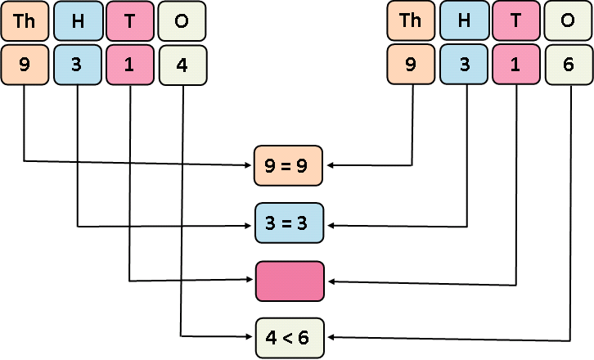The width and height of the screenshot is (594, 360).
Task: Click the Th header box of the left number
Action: (24, 21)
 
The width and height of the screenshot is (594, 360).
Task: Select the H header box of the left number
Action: (77, 21)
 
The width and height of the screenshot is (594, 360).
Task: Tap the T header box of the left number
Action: (130, 21)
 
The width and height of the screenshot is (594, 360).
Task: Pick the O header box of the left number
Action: (182, 21)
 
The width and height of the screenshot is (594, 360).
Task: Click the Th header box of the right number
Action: (411, 21)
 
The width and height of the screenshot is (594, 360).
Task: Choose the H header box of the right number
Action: (464, 21)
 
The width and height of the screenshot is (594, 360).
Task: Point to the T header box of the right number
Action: (516, 21)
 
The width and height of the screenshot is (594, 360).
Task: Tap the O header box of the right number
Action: (569, 21)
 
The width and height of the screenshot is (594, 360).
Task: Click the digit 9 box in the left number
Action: (24, 65)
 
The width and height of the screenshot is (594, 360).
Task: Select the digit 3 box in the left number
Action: (77, 65)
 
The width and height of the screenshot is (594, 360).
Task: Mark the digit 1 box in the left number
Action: (130, 65)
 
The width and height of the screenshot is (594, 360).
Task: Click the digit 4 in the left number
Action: (182, 65)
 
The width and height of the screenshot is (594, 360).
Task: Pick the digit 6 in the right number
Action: (569, 65)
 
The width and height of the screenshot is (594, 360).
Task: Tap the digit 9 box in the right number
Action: (411, 65)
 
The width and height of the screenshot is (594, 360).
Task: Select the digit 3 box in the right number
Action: (464, 65)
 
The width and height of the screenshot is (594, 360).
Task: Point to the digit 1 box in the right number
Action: (516, 65)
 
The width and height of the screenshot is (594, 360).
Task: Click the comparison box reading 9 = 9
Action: (290, 166)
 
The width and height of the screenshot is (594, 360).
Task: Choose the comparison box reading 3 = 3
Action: (290, 223)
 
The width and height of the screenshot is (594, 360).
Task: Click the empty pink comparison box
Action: (290, 281)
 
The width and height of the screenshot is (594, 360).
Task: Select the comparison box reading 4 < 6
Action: (290, 337)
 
